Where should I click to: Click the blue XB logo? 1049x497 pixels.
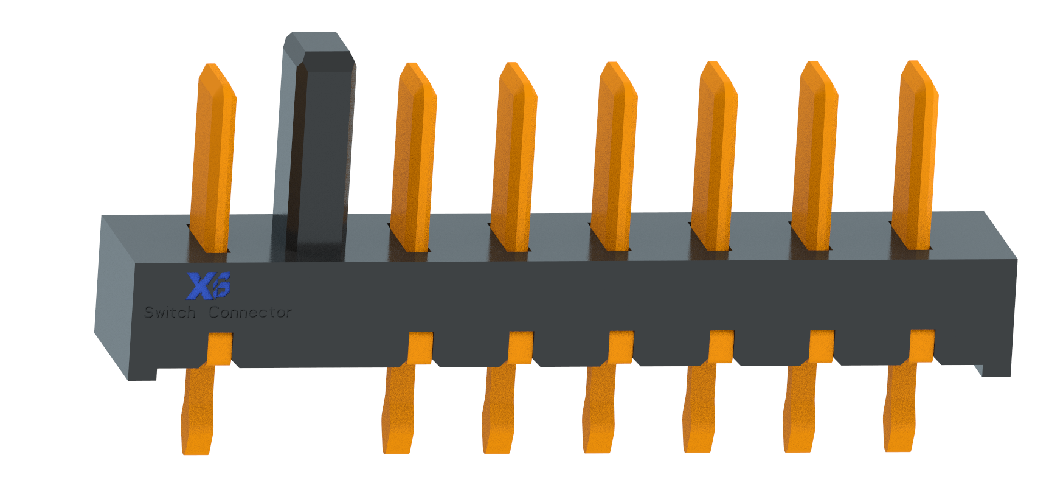click(208, 286)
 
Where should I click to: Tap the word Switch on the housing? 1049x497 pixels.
click(170, 313)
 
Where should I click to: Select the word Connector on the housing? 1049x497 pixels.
click(250, 313)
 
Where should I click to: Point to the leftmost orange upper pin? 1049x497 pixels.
click(212, 158)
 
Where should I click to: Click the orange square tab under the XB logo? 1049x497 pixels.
click(220, 348)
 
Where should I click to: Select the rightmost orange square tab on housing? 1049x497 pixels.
click(921, 346)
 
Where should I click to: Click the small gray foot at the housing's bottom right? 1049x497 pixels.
click(979, 370)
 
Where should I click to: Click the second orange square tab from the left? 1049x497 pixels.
click(420, 347)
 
